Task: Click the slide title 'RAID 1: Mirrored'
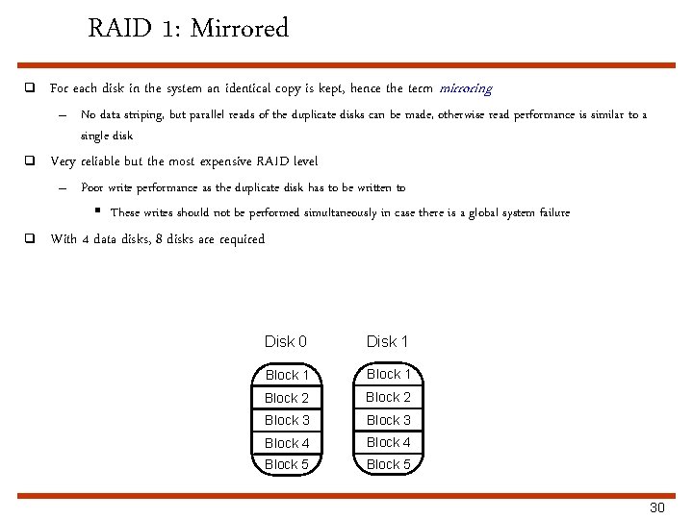188,29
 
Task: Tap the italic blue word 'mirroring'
465,89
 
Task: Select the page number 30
657,507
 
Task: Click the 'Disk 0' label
286,341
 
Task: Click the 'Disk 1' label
388,341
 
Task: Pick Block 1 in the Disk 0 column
287,375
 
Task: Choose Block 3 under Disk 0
287,420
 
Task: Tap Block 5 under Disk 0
287,464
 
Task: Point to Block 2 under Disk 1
388,397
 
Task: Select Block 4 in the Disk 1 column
388,442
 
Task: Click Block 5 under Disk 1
388,464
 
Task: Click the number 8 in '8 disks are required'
159,239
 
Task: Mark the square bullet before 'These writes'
98,211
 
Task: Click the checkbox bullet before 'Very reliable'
30,161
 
